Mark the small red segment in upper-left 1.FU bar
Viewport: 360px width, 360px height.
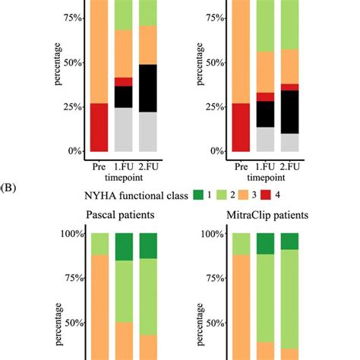click(x=124, y=81)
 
